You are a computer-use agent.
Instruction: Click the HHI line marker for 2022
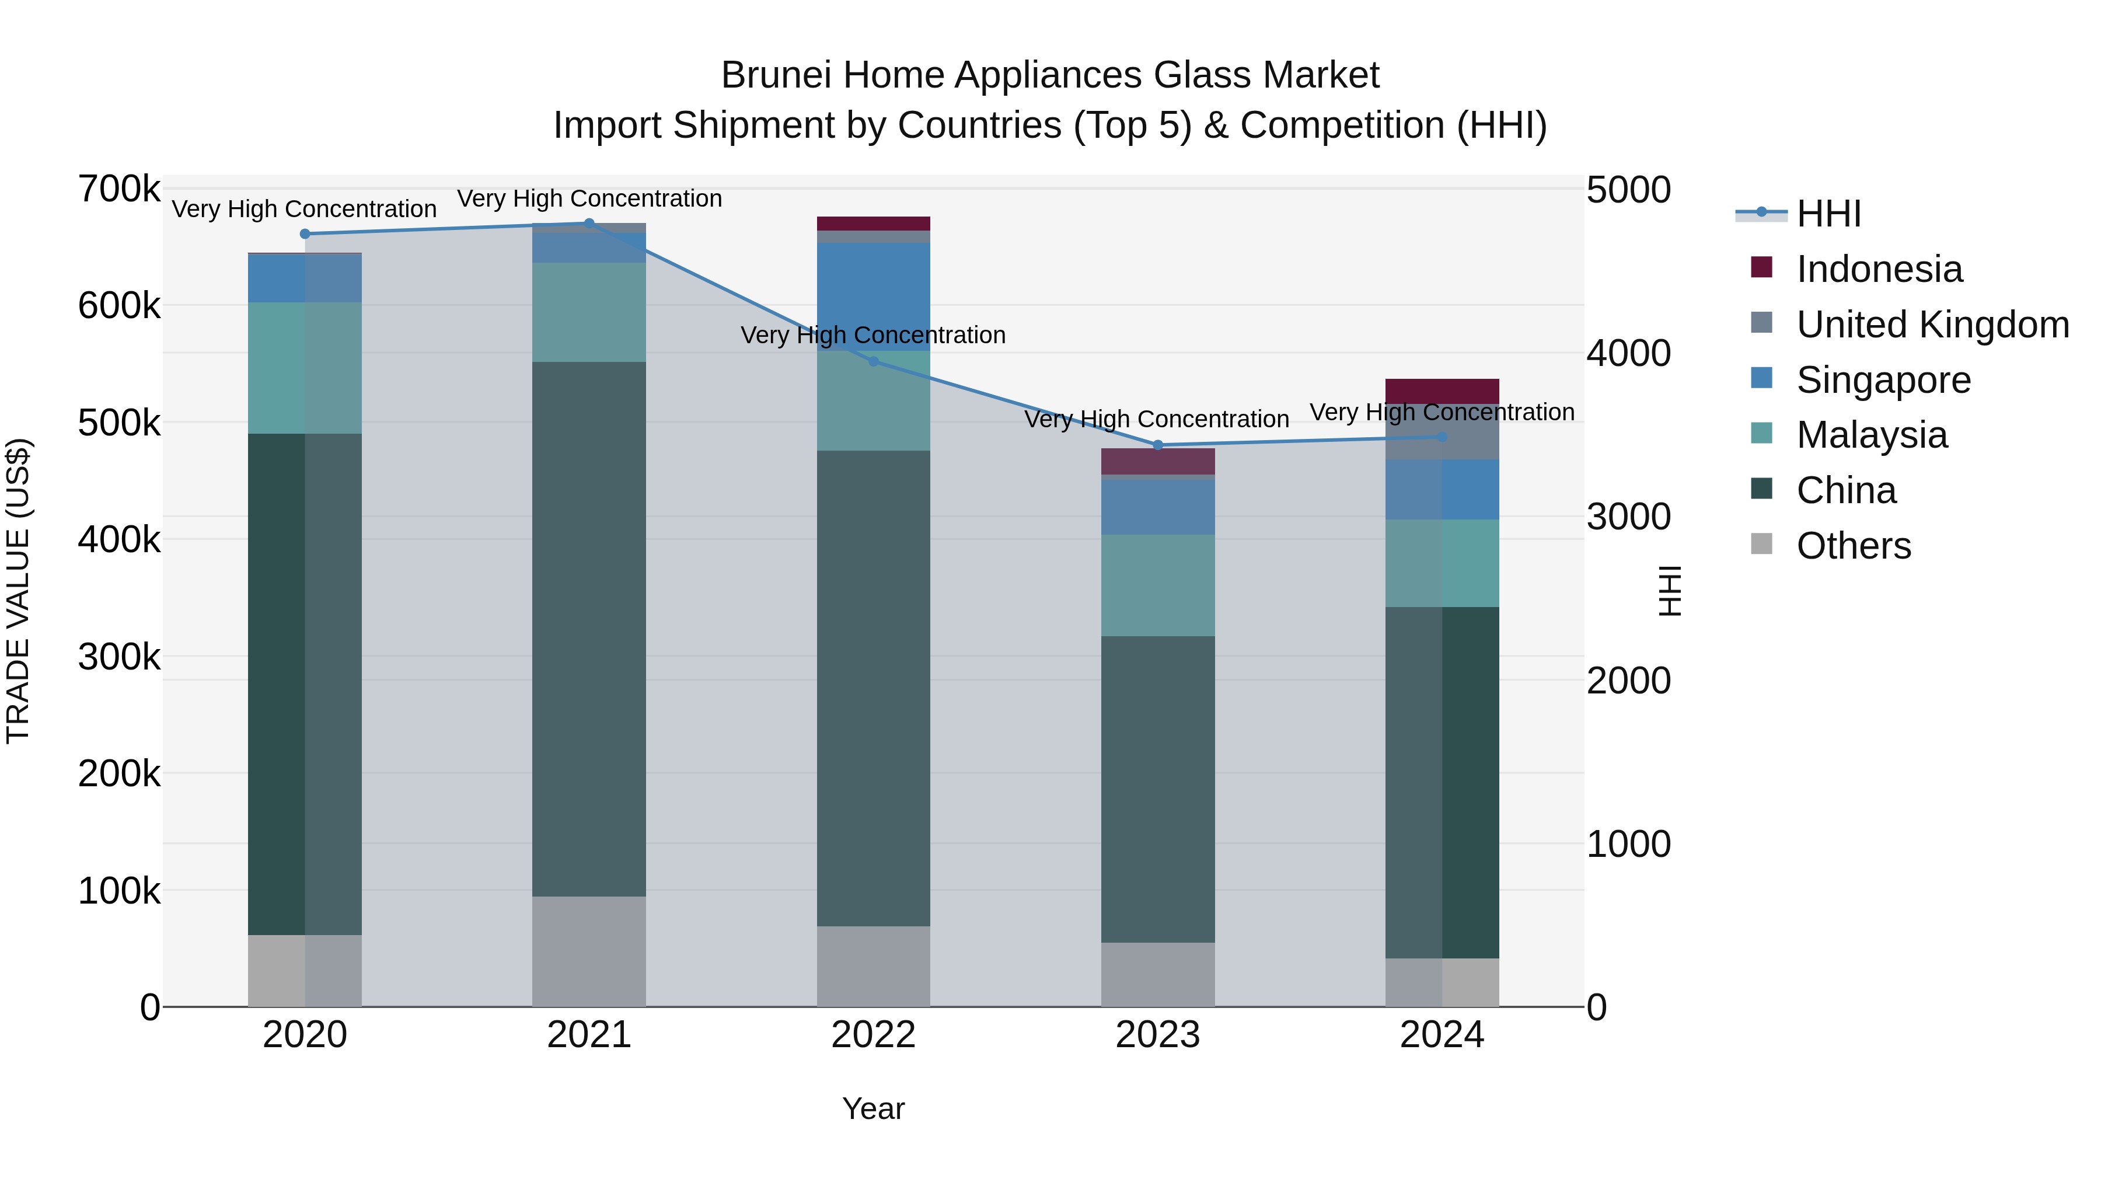point(874,361)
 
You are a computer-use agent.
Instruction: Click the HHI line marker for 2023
point(1157,445)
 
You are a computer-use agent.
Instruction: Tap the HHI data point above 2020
point(305,234)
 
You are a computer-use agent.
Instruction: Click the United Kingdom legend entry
point(1932,325)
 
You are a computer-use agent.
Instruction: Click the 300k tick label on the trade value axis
point(119,657)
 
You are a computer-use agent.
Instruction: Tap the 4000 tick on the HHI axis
point(1628,354)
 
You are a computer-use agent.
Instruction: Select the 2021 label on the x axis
point(589,1035)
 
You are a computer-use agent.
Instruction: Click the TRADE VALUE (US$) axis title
point(18,591)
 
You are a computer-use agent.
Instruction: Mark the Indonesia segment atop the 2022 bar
point(874,224)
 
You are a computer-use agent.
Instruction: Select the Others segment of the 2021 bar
point(589,951)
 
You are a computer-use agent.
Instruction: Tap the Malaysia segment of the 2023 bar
point(1157,585)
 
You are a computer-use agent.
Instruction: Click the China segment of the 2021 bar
point(589,628)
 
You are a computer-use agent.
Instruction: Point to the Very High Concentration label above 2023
point(1157,419)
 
